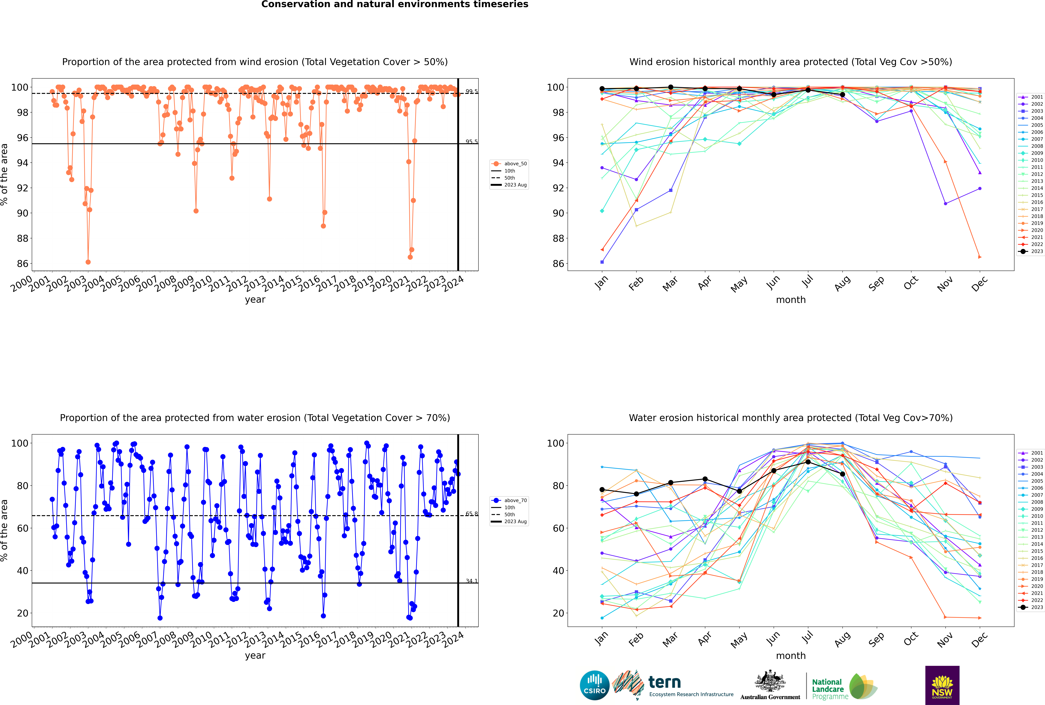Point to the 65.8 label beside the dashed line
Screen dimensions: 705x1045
(471, 514)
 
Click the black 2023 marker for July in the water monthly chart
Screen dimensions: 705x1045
(808, 462)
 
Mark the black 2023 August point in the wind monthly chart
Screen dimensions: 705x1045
(842, 95)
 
